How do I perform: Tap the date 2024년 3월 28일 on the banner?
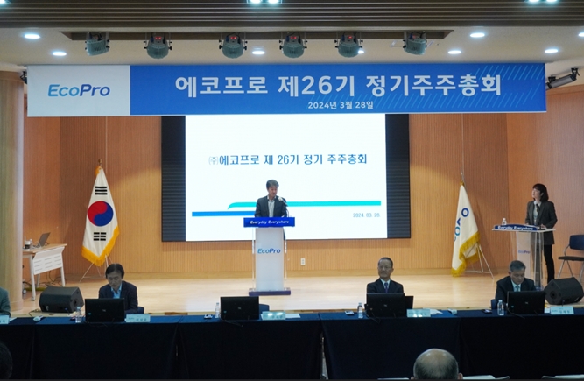coord(341,104)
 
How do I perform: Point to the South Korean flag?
coord(100,217)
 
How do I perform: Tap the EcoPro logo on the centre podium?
coord(269,250)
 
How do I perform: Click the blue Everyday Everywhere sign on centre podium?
coord(269,222)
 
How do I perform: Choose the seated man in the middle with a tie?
coord(385,277)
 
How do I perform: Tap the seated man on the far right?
coord(516,279)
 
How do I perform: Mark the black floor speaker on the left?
coord(60,300)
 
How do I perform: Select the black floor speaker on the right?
coord(564,290)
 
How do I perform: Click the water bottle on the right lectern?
coord(503,222)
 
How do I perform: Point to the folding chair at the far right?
coord(573,254)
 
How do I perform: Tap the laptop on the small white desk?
coord(41,240)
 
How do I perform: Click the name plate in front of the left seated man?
coord(137,319)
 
